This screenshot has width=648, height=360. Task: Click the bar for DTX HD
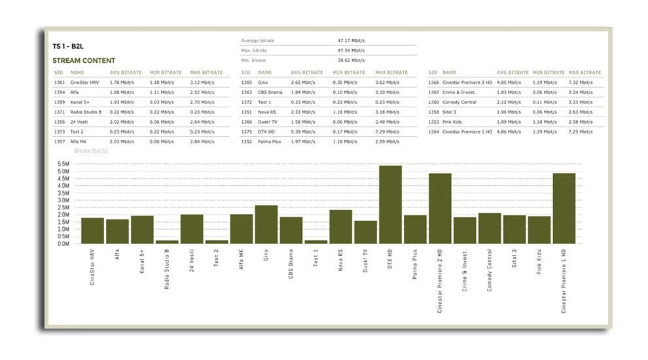391,204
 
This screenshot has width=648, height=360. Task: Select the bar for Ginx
266,224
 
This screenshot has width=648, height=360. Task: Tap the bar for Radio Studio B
167,242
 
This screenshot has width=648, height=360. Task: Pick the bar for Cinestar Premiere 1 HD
564,208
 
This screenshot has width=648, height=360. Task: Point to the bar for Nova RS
341,226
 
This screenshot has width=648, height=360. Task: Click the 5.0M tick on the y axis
63,171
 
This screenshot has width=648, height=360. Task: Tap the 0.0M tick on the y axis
63,243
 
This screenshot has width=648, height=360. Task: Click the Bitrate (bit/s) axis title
92,151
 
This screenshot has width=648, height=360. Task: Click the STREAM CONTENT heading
84,60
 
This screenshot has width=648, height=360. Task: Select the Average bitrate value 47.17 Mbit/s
351,41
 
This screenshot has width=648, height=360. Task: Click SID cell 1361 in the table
60,82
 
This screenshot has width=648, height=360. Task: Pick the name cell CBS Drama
270,92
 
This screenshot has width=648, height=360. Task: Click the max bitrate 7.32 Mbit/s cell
580,82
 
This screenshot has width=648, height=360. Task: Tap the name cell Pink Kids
454,122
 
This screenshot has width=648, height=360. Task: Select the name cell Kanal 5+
81,102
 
